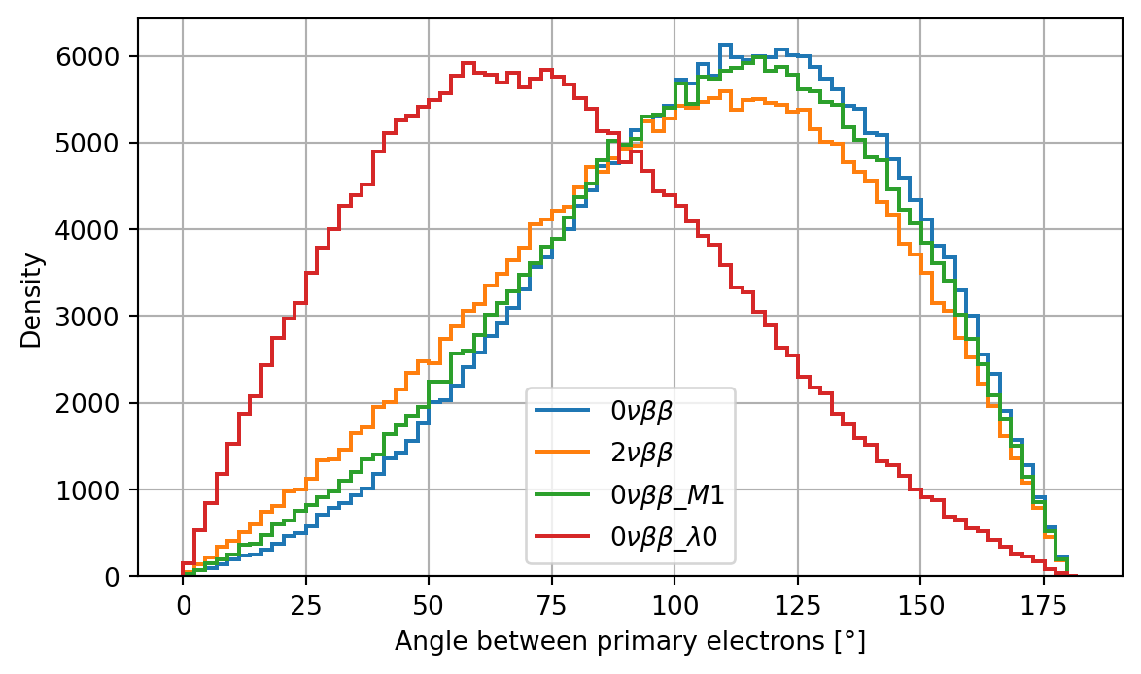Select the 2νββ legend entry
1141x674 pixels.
[640, 452]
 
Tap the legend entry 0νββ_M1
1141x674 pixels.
[666, 494]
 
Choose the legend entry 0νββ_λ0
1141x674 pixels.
[664, 537]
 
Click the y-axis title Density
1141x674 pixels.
[32, 299]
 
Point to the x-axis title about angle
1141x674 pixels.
[630, 641]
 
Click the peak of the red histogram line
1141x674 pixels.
[467, 63]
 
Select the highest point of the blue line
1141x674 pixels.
[724, 45]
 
